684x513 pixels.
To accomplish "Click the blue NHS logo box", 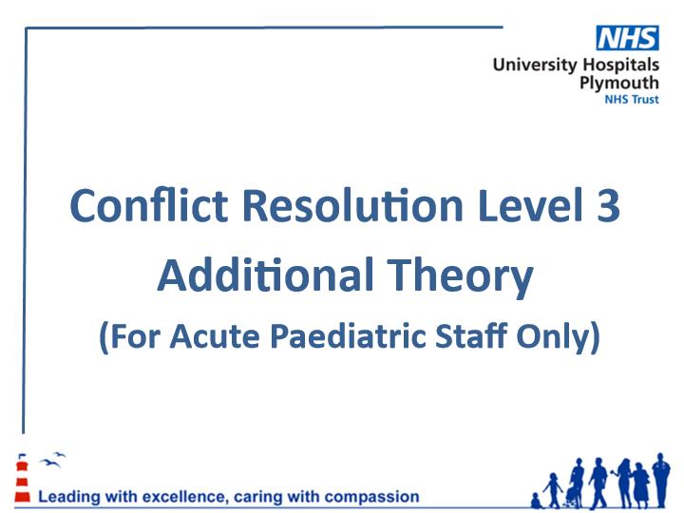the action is [x=627, y=38].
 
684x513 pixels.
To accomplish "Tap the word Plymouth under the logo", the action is [x=619, y=83].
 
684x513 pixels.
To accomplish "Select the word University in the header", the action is [x=534, y=65].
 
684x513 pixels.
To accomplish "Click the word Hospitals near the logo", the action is [x=620, y=65].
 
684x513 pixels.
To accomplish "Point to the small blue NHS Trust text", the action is [x=631, y=100].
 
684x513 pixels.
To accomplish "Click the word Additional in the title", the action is [x=265, y=275].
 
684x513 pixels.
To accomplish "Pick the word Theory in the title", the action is [x=460, y=277].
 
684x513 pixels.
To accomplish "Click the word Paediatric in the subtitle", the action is [x=348, y=336].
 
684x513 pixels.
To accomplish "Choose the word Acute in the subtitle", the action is [x=215, y=336].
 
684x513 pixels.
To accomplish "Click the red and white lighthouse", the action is [x=22, y=478].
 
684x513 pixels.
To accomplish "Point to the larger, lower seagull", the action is [x=49, y=463].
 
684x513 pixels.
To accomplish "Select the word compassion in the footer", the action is [x=372, y=497].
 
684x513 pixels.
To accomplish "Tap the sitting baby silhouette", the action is [x=536, y=501].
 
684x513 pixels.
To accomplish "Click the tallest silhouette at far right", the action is [x=661, y=481].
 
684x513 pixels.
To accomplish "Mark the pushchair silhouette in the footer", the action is [x=572, y=497].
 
